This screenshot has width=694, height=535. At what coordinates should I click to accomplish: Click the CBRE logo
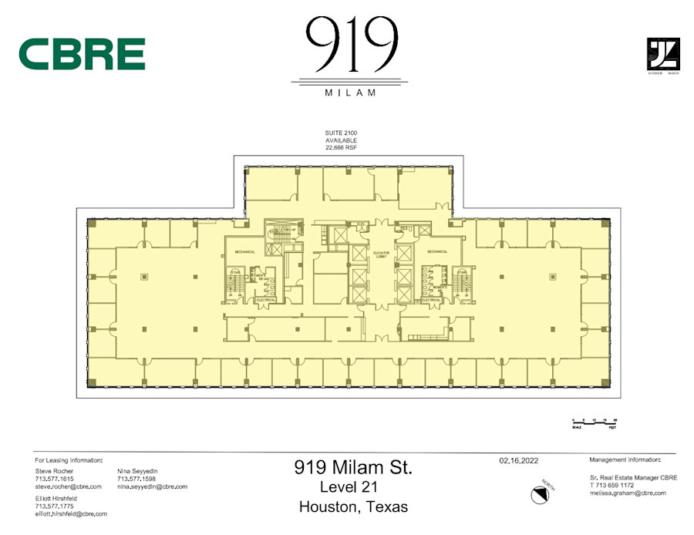click(x=82, y=54)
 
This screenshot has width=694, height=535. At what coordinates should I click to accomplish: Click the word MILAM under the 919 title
click(x=351, y=93)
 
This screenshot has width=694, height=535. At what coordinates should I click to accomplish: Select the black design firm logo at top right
click(x=662, y=55)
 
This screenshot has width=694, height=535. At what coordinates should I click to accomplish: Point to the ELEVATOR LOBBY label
click(x=380, y=254)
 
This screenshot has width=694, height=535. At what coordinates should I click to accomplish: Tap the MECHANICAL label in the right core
click(x=437, y=251)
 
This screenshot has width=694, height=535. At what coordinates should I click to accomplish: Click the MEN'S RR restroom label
click(x=260, y=276)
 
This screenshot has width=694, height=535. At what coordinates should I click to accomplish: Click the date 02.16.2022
click(x=518, y=460)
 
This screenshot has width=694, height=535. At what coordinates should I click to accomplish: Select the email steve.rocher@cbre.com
click(x=69, y=486)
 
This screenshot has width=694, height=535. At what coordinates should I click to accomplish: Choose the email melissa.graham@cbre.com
click(x=628, y=493)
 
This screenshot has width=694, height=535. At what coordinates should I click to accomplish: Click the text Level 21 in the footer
click(x=353, y=487)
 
